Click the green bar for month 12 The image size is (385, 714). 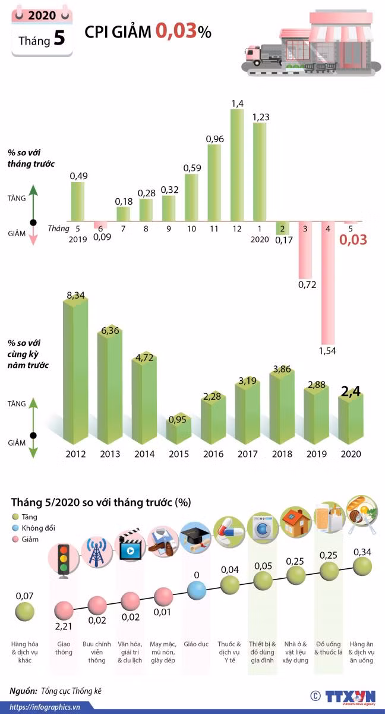click(x=236, y=165)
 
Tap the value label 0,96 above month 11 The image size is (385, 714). click(x=214, y=139)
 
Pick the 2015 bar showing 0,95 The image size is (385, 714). click(x=179, y=429)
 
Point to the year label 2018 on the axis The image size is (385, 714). click(x=282, y=454)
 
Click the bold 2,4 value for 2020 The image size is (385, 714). click(x=351, y=392)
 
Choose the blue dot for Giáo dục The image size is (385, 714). click(x=197, y=590)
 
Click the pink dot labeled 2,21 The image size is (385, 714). click(x=64, y=610)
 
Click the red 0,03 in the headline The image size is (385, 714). click(x=176, y=32)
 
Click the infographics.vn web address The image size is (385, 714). click(x=45, y=707)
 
